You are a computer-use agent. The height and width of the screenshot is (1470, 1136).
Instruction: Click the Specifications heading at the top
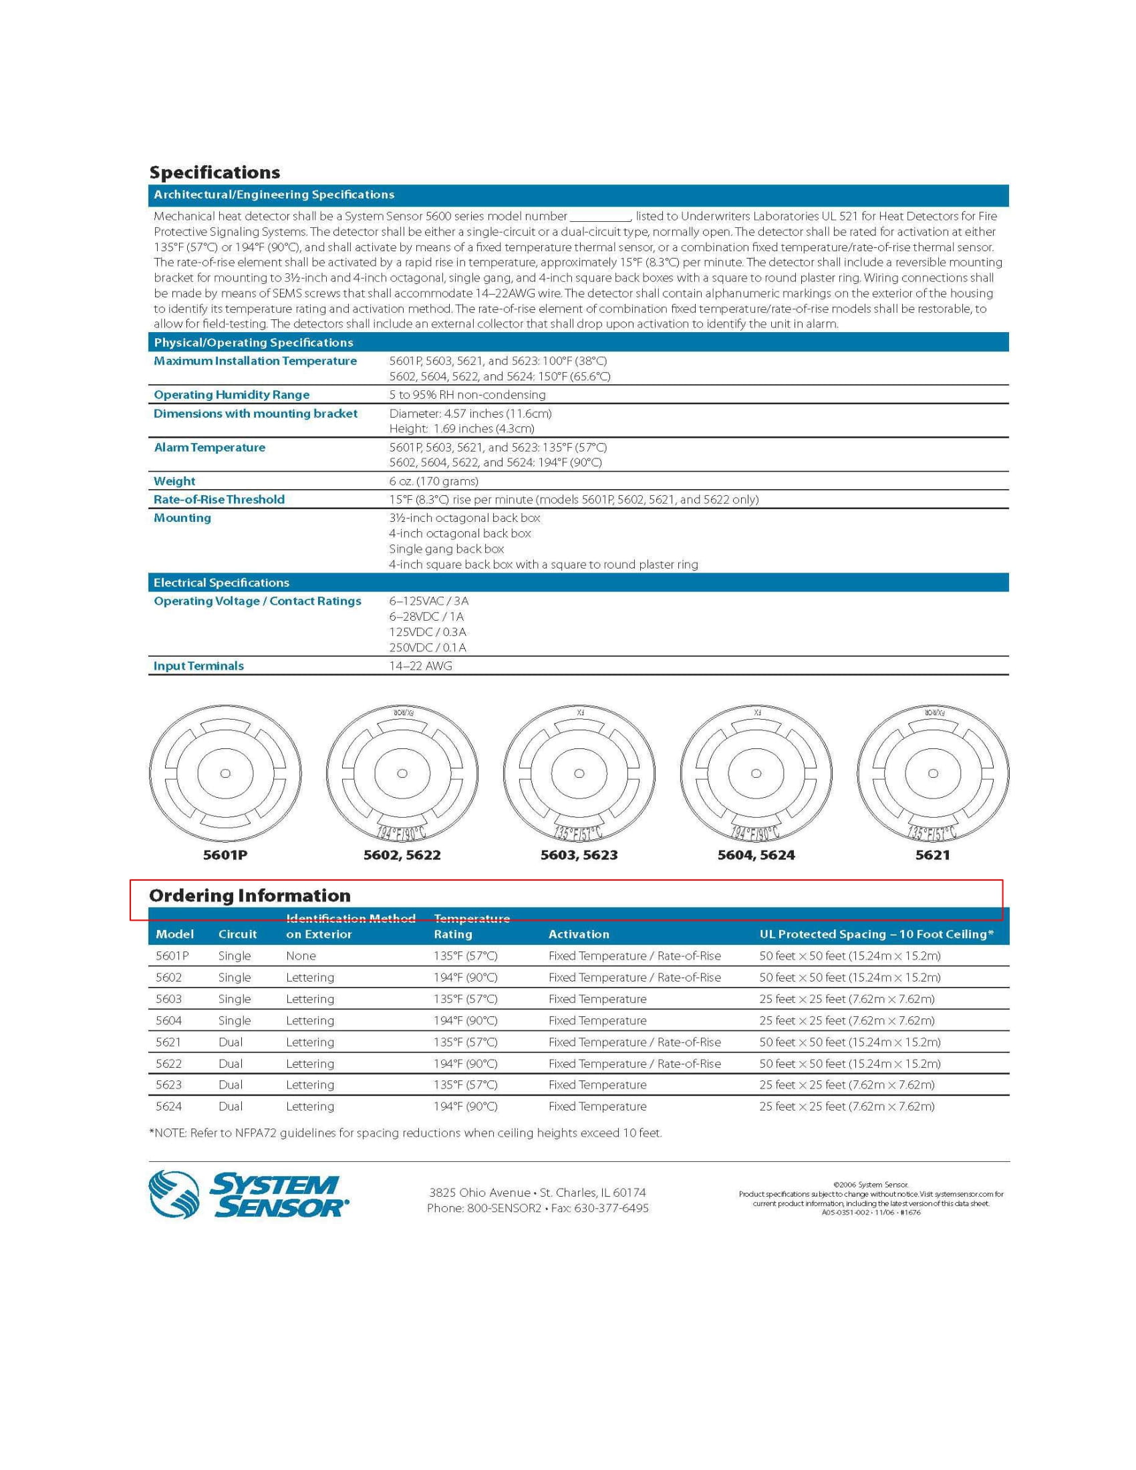click(x=214, y=172)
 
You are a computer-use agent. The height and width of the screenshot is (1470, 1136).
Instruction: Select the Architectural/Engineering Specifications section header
click(x=274, y=194)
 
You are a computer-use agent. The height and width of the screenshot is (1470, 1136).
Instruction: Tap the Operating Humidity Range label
click(x=231, y=394)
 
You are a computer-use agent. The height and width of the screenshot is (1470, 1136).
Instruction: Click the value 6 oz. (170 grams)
click(x=434, y=481)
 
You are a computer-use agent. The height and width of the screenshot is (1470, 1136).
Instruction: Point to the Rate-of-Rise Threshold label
click(x=219, y=499)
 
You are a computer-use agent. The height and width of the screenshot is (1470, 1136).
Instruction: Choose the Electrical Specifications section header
click(x=221, y=582)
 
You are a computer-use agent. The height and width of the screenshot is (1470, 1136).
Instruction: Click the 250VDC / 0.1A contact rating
click(x=428, y=647)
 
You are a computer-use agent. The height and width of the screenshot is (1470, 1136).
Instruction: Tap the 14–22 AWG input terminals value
click(x=420, y=666)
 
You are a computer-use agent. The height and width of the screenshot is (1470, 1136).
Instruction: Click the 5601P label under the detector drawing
click(x=225, y=855)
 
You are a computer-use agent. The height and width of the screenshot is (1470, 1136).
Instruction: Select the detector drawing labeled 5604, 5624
click(x=756, y=774)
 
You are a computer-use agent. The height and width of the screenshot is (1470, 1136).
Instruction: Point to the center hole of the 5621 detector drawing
click(x=933, y=773)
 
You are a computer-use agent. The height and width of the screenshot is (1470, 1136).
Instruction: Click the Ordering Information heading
click(x=250, y=895)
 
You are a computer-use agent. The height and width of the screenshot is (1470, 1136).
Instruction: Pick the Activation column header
click(x=579, y=933)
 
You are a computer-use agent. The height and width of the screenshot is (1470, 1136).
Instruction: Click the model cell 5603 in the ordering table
click(x=169, y=999)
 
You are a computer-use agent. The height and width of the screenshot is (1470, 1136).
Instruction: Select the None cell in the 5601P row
click(x=301, y=955)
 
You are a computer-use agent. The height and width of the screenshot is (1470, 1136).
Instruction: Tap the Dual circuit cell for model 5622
click(x=230, y=1064)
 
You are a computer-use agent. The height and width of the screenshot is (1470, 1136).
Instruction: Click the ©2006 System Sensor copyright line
click(x=871, y=1185)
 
